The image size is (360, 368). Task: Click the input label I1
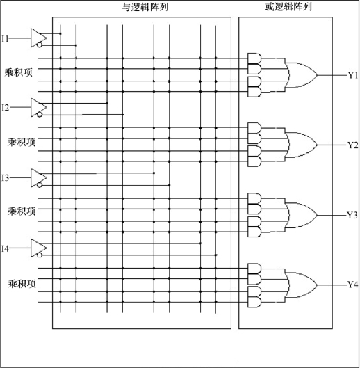coord(5,38)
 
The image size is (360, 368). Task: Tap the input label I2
coord(5,108)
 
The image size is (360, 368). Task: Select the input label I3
coord(5,177)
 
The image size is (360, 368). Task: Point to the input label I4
coord(5,248)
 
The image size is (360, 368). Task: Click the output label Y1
coord(352,75)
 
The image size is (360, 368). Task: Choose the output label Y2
coord(352,145)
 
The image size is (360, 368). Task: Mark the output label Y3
coord(352,215)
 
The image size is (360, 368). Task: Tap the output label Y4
coord(352,285)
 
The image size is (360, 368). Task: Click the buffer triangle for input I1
coord(38,38)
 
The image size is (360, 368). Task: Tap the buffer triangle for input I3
coord(38,177)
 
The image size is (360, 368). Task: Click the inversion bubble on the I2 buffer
coord(40,115)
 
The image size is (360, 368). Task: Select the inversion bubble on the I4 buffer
coord(40,255)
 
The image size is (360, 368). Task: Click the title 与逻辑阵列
coord(145,7)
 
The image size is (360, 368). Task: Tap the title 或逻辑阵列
coord(288,7)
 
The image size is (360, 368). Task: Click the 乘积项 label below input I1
coord(19,72)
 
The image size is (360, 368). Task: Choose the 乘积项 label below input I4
coord(22,284)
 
